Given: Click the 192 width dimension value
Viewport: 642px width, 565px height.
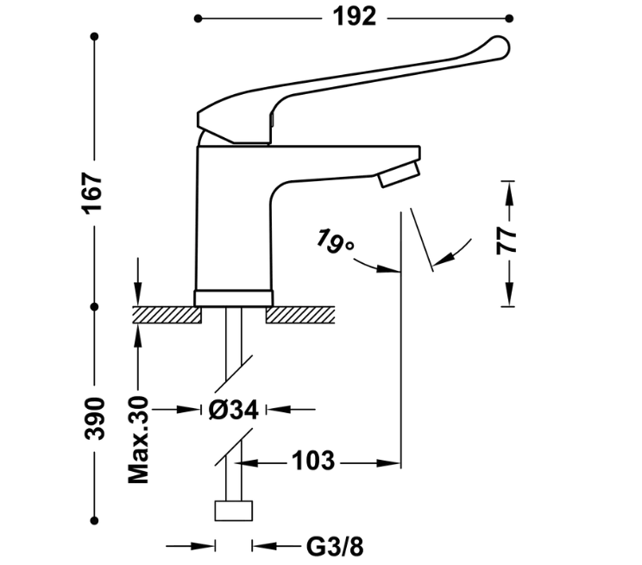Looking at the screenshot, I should pos(355,16).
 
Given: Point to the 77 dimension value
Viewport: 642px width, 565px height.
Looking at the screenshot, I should pos(507,238).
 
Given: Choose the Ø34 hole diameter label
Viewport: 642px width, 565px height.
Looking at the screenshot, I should pos(233,410).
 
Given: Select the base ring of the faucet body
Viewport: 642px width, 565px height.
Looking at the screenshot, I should pos(234,298).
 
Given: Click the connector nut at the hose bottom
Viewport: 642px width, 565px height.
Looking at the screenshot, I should pos(233,510).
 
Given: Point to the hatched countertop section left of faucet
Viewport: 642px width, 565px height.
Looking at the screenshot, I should pos(166,314).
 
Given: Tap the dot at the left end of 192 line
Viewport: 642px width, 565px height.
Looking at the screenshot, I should pos(198,17).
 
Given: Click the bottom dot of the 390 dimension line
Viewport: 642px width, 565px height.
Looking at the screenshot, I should pos(95,519).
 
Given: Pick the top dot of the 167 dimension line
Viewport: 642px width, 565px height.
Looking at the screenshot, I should pos(95,35).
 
